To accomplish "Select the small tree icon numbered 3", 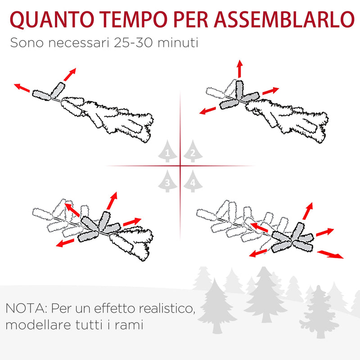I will pos(167,181).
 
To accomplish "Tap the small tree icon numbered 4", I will pos(193,181).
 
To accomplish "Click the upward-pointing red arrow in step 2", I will pos(240,68).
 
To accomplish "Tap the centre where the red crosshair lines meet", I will pos(180,166).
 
